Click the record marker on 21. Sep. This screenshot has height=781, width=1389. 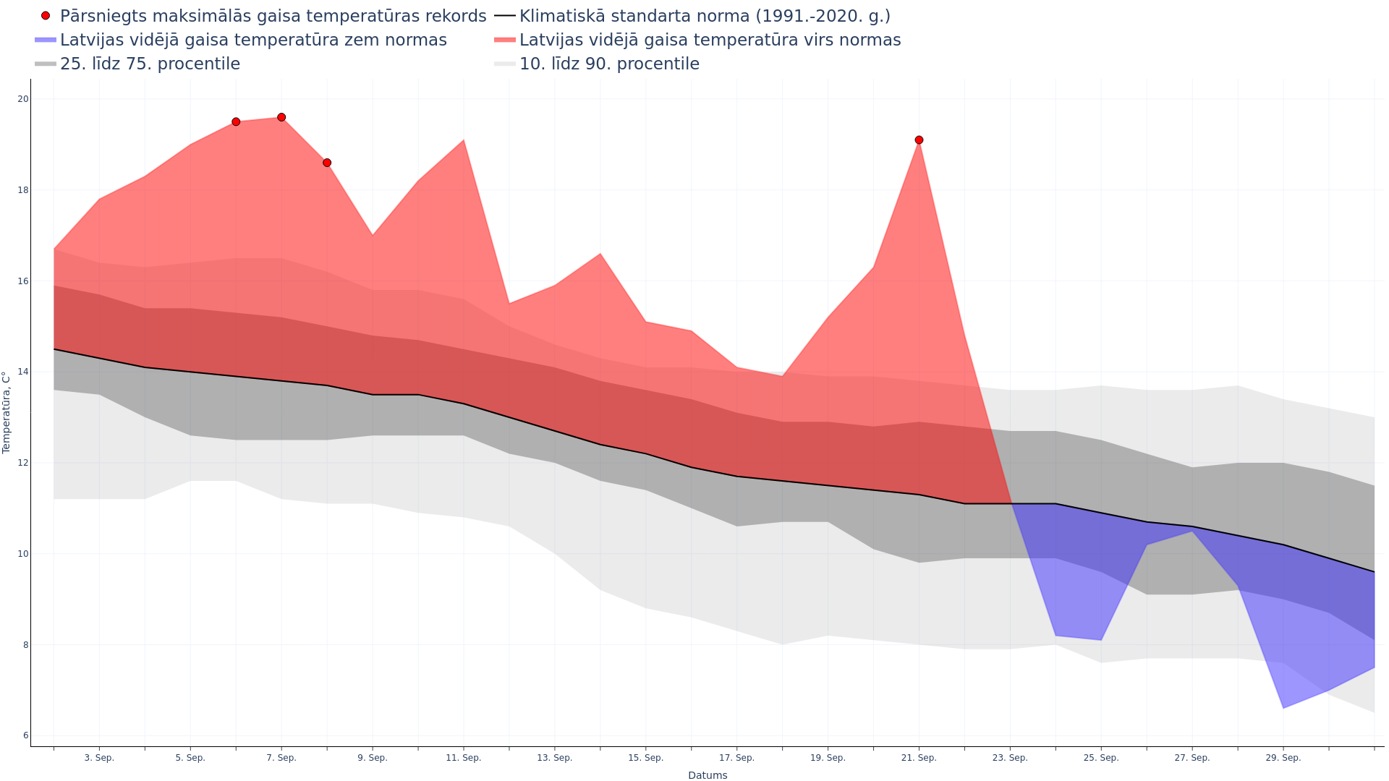pyautogui.click(x=919, y=140)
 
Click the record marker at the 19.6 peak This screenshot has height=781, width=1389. pyautogui.click(x=281, y=117)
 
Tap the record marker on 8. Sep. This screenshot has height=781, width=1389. pyautogui.click(x=327, y=163)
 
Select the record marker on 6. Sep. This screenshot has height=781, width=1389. pyautogui.click(x=236, y=122)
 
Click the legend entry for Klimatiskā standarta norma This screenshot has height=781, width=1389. pyautogui.click(x=705, y=16)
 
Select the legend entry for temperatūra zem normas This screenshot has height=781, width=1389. pyautogui.click(x=253, y=40)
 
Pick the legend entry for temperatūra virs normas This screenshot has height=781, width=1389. pyautogui.click(x=710, y=40)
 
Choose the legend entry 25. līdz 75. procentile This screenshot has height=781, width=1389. pyautogui.click(x=150, y=64)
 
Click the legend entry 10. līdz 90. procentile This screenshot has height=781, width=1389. pyautogui.click(x=609, y=64)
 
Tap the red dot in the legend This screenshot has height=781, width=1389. pyautogui.click(x=46, y=16)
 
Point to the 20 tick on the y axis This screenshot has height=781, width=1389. pyautogui.click(x=24, y=99)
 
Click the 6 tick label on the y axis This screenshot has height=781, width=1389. pyautogui.click(x=26, y=735)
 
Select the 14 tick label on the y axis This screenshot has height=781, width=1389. pyautogui.click(x=24, y=372)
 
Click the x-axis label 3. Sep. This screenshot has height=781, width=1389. pyautogui.click(x=99, y=758)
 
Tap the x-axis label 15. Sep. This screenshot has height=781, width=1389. pyautogui.click(x=645, y=758)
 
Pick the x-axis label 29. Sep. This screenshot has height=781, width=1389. pyautogui.click(x=1283, y=758)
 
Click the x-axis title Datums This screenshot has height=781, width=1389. pyautogui.click(x=708, y=775)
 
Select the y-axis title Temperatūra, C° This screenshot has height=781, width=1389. pyautogui.click(x=7, y=412)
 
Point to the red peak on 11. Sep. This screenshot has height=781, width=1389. pyautogui.click(x=464, y=140)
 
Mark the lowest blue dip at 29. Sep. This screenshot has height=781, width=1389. pyautogui.click(x=1283, y=708)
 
